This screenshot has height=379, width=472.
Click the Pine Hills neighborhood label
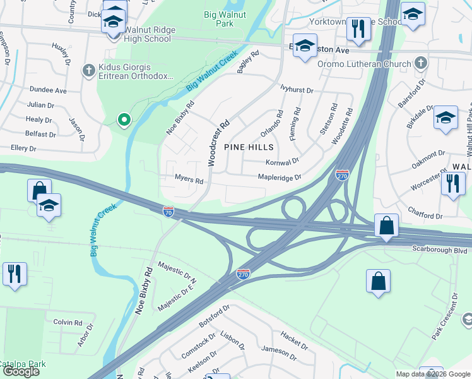pyautogui.click(x=249, y=147)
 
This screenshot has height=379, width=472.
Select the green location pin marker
pyautogui.click(x=124, y=118)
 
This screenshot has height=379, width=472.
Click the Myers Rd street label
pyautogui.click(x=189, y=181)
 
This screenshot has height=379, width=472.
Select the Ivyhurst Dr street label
pyautogui.click(x=297, y=90)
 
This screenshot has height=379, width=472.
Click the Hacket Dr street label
pyautogui.click(x=294, y=341)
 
